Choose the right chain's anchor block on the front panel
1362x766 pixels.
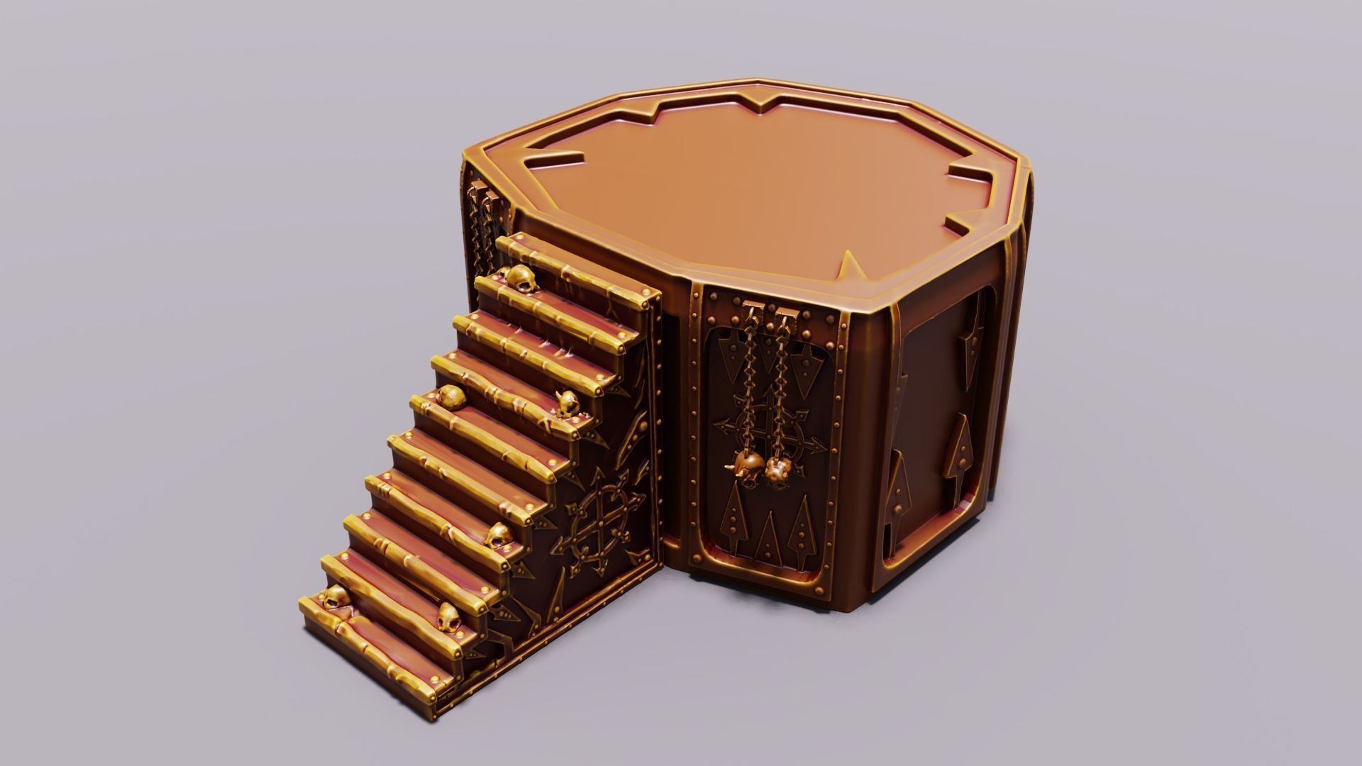coord(785,315)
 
